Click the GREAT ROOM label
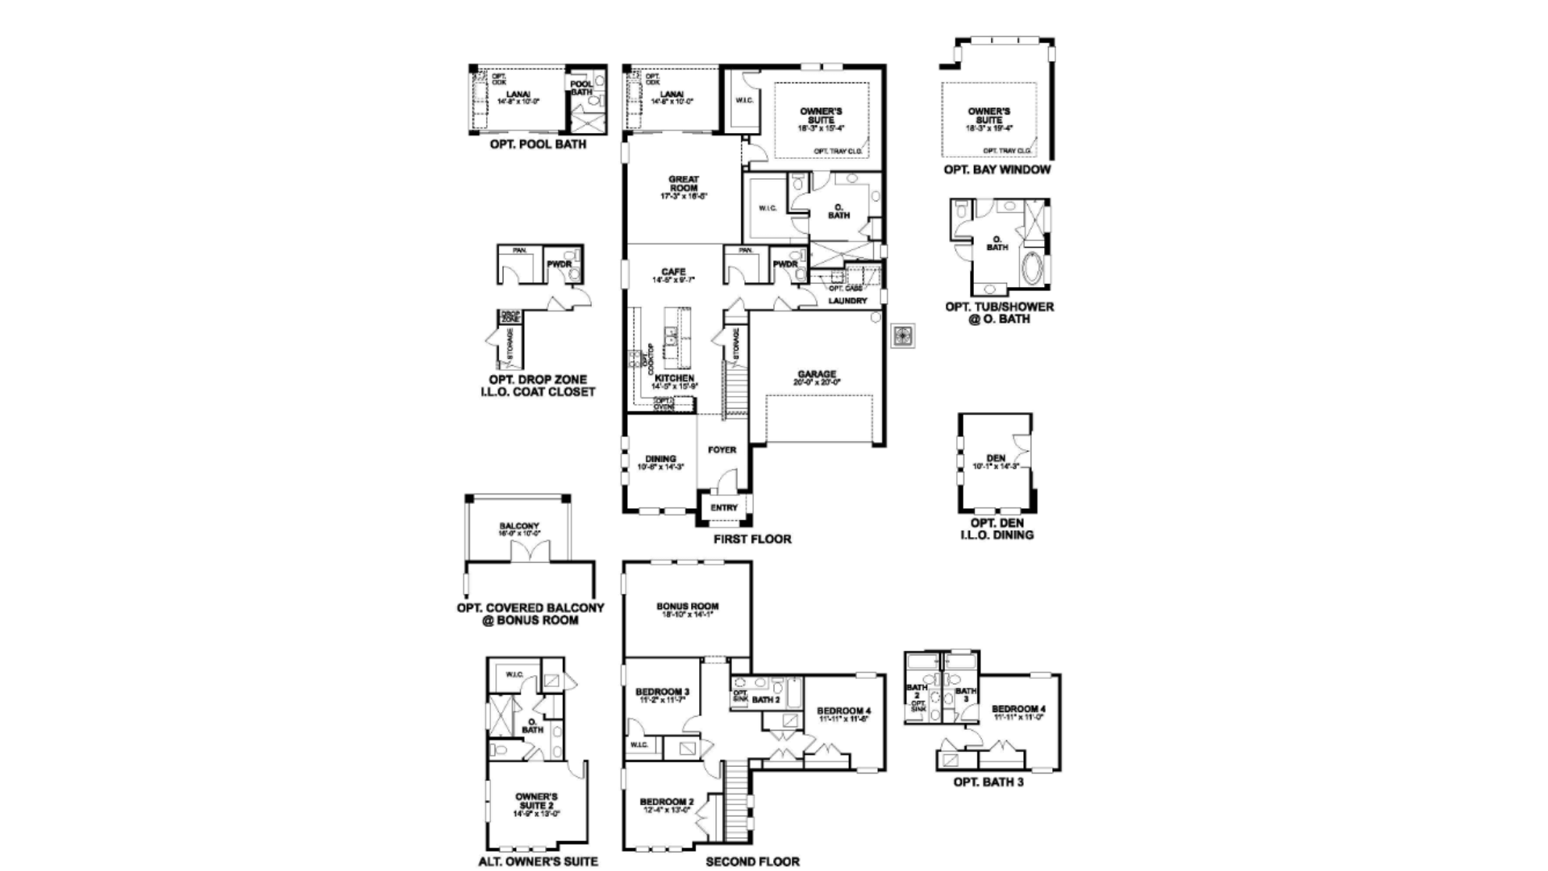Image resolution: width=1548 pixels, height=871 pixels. coord(683,185)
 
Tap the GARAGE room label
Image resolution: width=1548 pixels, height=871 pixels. coord(817,375)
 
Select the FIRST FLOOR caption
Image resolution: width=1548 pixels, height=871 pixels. coord(752,539)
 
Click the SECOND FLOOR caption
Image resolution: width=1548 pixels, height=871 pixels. coord(752,861)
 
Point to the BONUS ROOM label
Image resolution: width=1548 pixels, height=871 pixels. coord(687,607)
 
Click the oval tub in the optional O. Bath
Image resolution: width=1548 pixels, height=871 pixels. coord(1033,269)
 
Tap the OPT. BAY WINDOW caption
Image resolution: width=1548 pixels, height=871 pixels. coord(997,169)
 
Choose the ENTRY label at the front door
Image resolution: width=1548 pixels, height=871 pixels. coord(724,508)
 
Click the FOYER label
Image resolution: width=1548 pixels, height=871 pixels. coord(722,450)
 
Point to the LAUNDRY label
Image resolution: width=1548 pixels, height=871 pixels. coord(847,301)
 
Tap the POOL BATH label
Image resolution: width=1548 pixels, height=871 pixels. coord(581,88)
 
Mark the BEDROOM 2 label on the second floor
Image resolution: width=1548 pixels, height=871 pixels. coord(665,803)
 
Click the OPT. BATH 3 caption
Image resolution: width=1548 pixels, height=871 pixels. coord(988,781)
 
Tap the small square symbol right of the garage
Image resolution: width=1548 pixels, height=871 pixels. coord(902,335)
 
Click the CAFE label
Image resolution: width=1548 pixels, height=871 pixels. coord(673,273)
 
